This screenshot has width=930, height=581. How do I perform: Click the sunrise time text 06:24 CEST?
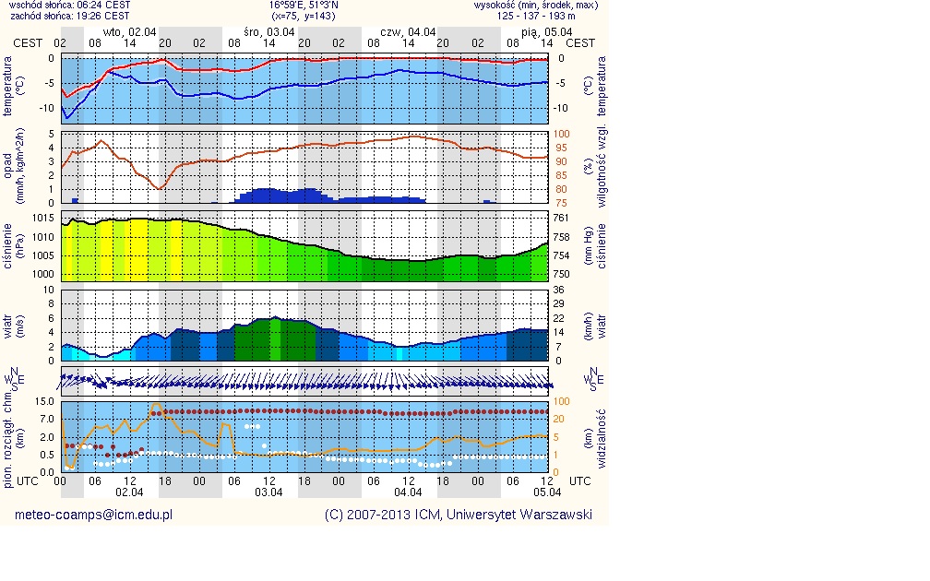click(x=102, y=6)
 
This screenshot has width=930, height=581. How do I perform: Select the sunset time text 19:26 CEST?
click(x=102, y=17)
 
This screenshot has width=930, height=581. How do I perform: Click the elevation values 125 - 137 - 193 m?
click(x=536, y=17)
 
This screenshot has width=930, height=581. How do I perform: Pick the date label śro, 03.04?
click(x=269, y=31)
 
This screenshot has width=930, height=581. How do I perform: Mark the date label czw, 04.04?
click(x=408, y=31)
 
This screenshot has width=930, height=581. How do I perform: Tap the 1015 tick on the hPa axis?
click(x=42, y=218)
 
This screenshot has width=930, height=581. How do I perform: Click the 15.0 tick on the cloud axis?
click(x=42, y=401)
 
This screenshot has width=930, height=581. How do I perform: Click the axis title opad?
click(x=8, y=166)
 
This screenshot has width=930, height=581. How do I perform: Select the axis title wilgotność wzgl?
click(x=601, y=167)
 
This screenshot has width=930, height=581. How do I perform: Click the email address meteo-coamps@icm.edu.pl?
click(x=94, y=516)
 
